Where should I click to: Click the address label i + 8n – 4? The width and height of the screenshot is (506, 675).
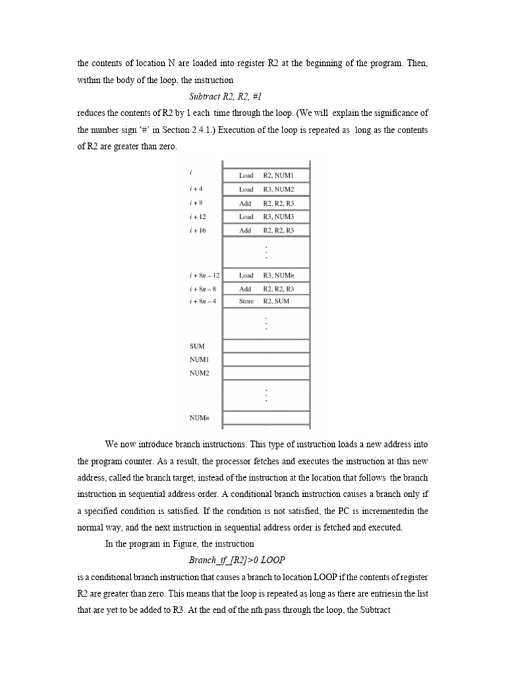[203, 301]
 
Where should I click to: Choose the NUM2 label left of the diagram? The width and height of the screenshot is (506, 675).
[200, 373]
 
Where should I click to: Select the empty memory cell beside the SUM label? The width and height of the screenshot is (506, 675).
[266, 345]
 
